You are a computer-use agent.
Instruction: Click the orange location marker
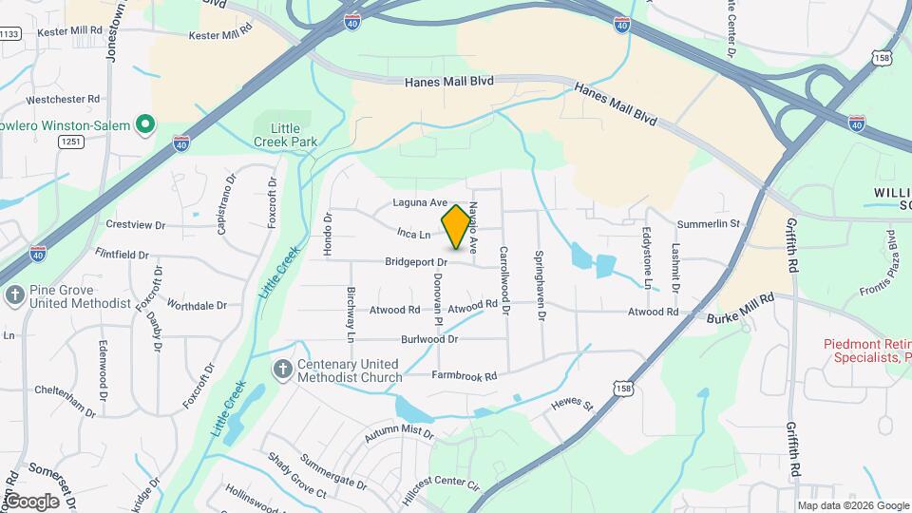tap(456, 226)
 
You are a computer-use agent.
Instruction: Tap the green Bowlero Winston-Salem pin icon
tap(145, 124)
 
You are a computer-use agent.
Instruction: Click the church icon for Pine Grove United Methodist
tap(14, 295)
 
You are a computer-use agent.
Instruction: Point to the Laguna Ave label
tap(420, 203)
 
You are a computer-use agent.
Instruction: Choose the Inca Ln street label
tap(414, 233)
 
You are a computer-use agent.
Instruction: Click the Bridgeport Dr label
tap(415, 261)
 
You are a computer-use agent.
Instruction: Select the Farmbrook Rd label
tap(465, 376)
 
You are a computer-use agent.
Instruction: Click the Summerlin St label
tap(708, 224)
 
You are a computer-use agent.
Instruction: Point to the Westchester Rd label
tap(63, 99)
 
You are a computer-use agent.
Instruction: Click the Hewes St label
tap(572, 406)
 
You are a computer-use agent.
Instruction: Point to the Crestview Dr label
tap(136, 225)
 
